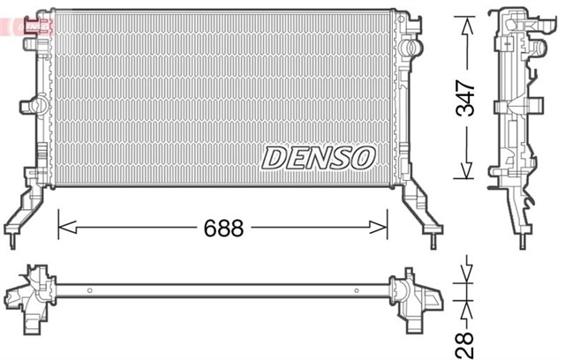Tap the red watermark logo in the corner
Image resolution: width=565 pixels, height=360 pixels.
[26, 27]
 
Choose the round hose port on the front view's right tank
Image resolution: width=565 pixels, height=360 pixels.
[409, 45]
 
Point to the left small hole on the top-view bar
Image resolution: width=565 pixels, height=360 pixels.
[91, 289]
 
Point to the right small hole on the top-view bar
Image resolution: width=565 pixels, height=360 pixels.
[356, 289]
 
